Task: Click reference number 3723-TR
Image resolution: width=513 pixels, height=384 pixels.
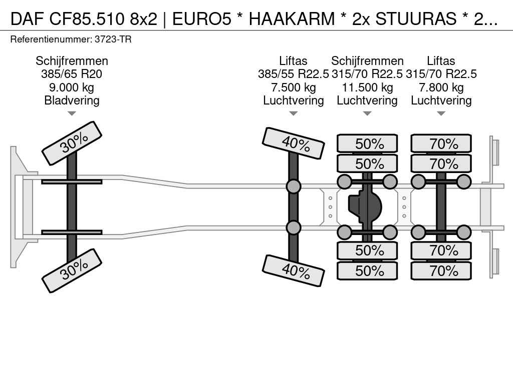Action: click(113, 39)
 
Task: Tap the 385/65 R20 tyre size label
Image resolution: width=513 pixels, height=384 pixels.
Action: click(72, 74)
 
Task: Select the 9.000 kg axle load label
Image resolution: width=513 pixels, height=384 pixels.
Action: click(72, 87)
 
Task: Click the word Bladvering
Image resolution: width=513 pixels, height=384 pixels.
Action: click(72, 100)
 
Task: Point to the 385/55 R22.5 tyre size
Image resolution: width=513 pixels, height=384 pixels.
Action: click(293, 74)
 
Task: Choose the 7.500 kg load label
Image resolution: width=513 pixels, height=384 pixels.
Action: click(293, 87)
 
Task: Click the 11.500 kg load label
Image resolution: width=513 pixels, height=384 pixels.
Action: click(367, 87)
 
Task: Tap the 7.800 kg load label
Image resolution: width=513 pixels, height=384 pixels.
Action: click(441, 87)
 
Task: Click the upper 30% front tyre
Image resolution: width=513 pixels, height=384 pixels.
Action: click(72, 143)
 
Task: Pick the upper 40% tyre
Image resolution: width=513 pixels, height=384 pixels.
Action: click(293, 143)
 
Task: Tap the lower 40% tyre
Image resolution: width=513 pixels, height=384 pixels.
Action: click(293, 270)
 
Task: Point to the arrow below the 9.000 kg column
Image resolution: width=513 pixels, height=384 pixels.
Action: click(72, 113)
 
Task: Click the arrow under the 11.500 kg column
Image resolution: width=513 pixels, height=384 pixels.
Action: click(367, 113)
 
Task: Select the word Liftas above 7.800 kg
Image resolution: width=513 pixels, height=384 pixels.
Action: click(441, 61)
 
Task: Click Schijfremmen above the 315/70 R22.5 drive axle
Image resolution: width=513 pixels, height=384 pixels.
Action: click(367, 61)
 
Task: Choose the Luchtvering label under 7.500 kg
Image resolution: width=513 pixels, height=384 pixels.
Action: click(293, 100)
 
